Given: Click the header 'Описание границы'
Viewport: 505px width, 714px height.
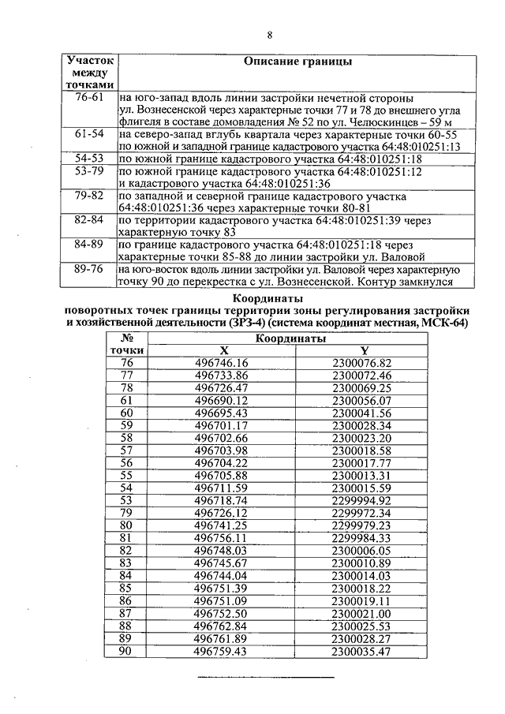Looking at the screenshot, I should click(297, 61).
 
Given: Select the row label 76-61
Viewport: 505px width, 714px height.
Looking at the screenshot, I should click(89, 98).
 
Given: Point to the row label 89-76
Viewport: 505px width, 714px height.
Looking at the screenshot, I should click(89, 270).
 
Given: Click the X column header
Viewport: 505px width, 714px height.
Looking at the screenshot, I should click(223, 350).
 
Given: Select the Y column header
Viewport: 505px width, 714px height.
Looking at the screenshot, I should click(363, 350).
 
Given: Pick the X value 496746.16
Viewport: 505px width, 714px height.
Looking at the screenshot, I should click(222, 363).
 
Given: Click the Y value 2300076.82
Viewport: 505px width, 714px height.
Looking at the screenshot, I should click(362, 363).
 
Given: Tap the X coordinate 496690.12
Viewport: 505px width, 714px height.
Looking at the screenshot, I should click(222, 401).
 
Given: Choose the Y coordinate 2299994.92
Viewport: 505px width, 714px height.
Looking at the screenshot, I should click(362, 500).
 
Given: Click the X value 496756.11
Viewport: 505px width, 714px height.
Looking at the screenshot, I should click(222, 538).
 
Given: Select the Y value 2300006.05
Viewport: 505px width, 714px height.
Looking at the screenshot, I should click(362, 551).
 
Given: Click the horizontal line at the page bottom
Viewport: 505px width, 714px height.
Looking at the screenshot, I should click(266, 678).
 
